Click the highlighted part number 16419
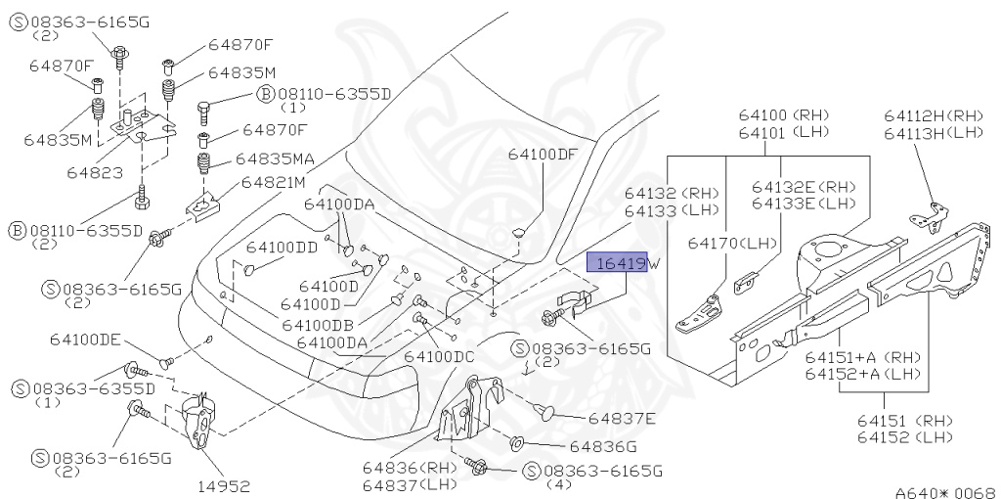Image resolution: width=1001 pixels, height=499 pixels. (x=616, y=263)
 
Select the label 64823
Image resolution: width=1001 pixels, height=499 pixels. (x=95, y=172)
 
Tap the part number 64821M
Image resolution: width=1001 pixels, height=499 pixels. (x=274, y=182)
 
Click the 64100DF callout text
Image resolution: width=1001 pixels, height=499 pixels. (x=543, y=155)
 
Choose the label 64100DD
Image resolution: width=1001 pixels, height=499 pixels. (x=282, y=248)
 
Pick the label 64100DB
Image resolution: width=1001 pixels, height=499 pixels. (x=318, y=324)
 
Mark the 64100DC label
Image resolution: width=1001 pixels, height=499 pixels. (x=439, y=356)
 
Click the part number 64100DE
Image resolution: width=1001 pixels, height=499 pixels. (x=85, y=340)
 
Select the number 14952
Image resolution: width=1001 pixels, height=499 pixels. (x=224, y=485)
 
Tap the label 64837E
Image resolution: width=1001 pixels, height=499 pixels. (x=622, y=419)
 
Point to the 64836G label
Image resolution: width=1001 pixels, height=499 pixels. (x=602, y=446)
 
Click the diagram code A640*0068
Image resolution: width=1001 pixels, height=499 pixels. (x=944, y=491)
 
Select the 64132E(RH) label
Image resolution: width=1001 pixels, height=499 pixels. (x=804, y=186)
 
